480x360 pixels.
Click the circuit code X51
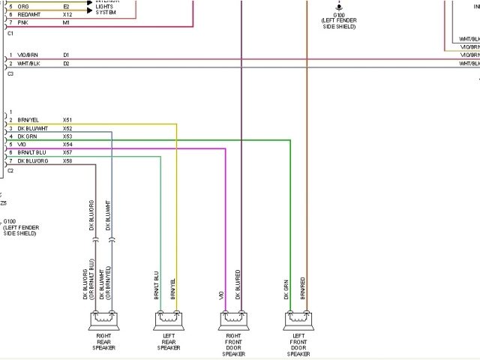(x=67, y=119)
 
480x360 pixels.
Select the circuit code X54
(x=67, y=144)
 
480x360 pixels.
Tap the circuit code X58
(x=67, y=160)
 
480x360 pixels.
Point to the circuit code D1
(x=66, y=55)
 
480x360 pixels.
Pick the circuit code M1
(x=66, y=22)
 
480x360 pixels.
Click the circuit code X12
(x=67, y=14)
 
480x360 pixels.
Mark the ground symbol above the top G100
(x=339, y=4)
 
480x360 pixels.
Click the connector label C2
(x=10, y=171)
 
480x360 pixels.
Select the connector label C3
(x=10, y=74)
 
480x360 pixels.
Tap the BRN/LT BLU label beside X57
(x=34, y=152)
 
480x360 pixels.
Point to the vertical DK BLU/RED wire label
(x=238, y=285)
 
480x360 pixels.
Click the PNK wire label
(x=22, y=22)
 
